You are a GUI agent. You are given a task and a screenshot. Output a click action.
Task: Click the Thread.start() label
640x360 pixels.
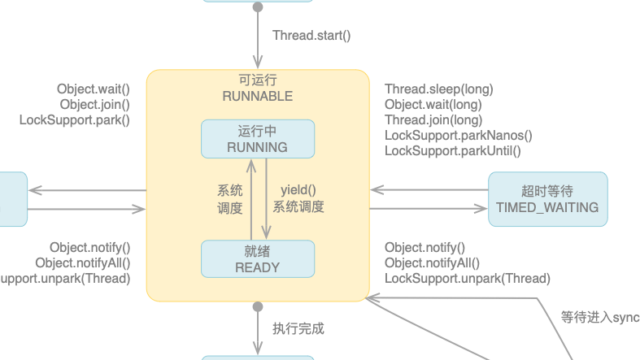tap(311, 35)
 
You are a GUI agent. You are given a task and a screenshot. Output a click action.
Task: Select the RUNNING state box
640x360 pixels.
tap(257, 139)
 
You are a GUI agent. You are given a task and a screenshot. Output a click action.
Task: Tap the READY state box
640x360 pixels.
tap(257, 259)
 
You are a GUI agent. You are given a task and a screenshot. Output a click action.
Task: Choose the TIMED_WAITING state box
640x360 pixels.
tap(547, 199)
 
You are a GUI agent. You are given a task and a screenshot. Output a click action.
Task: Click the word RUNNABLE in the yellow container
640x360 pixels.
tap(257, 96)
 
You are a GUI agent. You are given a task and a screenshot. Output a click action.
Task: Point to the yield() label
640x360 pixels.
tap(298, 190)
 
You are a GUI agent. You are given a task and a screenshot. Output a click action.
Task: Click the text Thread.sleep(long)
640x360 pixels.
tap(438, 89)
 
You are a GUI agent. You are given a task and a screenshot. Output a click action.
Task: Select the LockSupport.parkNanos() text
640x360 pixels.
tap(458, 136)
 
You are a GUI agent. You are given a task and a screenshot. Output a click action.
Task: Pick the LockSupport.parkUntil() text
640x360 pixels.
tap(452, 151)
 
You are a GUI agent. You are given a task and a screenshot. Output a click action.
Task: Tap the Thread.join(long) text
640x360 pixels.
tap(433, 120)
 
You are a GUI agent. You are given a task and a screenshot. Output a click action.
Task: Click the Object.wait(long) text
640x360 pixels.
tap(433, 105)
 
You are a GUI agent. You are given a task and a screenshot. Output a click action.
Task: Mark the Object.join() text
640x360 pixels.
tap(94, 105)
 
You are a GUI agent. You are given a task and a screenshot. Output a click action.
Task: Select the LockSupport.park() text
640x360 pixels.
tap(74, 120)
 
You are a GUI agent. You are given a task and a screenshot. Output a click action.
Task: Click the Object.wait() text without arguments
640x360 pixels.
tap(93, 89)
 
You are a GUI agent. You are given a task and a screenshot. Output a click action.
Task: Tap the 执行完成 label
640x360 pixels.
tap(298, 329)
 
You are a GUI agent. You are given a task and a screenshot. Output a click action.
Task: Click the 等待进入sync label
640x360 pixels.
tap(599, 317)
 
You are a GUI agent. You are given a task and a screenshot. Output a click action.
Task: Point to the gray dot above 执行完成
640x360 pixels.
tap(258, 307)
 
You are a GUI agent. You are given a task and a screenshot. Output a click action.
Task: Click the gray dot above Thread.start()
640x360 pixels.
tap(258, 7)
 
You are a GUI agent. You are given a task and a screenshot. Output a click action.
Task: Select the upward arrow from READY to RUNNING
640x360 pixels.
tap(251, 199)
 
